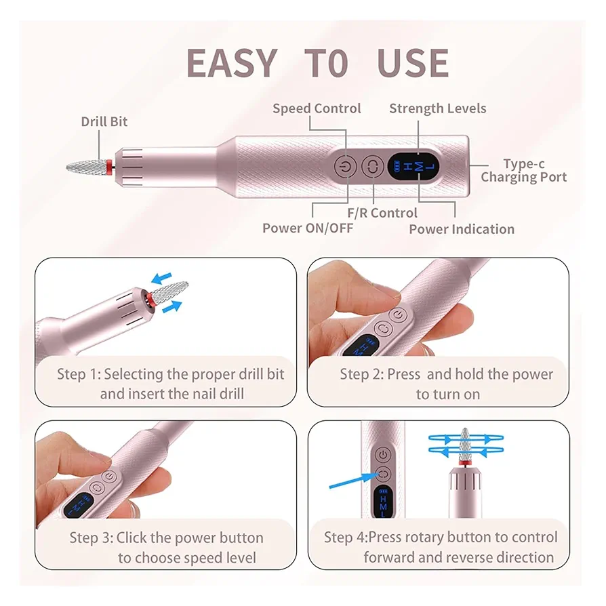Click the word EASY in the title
click(232, 63)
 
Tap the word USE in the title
click(413, 63)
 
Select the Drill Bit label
click(104, 122)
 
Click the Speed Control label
click(317, 108)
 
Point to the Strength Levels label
click(437, 108)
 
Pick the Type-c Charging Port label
click(524, 170)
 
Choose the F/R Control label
click(382, 213)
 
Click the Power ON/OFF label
click(308, 228)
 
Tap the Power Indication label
click(462, 229)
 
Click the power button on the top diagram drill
click(345, 167)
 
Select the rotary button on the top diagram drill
click(373, 167)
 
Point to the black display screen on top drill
click(413, 167)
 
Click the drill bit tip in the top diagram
click(67, 167)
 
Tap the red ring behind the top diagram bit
click(109, 167)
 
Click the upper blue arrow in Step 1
click(161, 278)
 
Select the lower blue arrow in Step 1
click(171, 307)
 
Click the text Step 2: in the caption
click(362, 374)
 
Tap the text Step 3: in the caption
click(92, 538)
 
